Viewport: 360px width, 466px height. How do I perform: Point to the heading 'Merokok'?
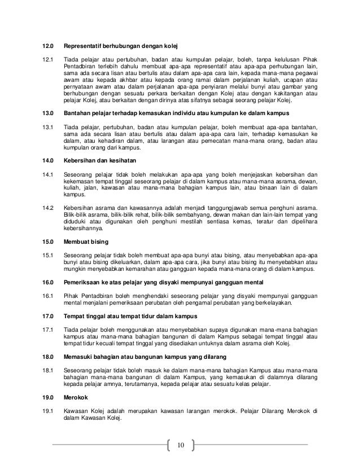click(75, 398)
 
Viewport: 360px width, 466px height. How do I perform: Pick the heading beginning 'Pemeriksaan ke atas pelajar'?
click(164, 282)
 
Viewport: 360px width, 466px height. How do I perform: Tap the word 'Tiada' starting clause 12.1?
click(72, 59)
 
